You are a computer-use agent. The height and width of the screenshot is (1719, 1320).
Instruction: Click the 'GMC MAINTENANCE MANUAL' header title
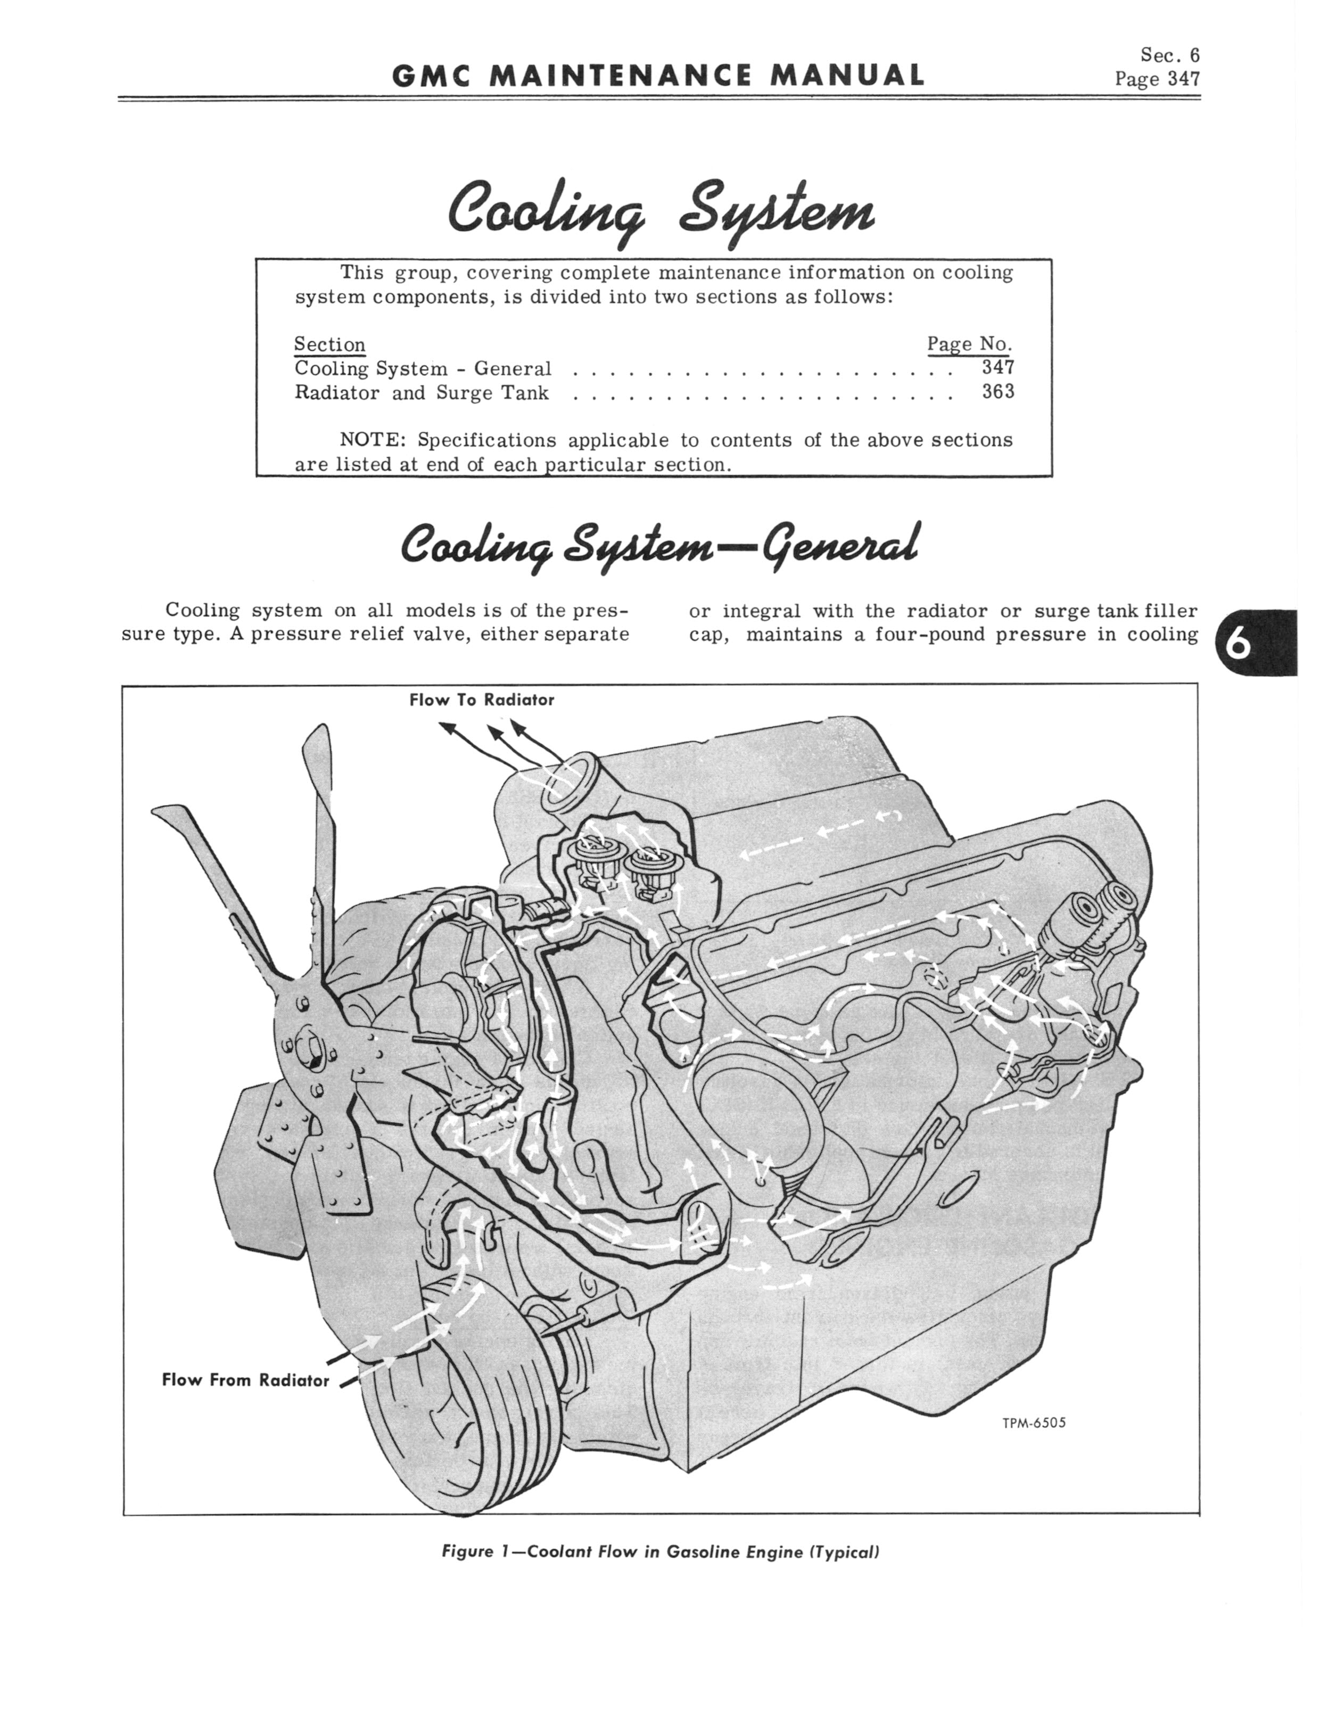[x=658, y=76]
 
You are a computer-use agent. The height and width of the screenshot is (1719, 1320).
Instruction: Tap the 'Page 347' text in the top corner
[x=1157, y=79]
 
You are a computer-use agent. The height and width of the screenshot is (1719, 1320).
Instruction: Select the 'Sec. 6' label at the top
[x=1169, y=55]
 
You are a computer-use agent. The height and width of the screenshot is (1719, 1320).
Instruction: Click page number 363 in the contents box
[x=998, y=391]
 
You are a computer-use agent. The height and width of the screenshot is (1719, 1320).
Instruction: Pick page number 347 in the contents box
[x=998, y=367]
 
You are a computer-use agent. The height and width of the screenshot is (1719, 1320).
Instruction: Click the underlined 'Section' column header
[x=329, y=344]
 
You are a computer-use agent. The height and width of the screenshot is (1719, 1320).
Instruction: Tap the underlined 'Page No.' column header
[x=969, y=343]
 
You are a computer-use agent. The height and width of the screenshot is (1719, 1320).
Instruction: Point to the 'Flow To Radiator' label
[x=481, y=700]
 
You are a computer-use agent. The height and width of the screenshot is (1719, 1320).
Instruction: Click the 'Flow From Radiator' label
[x=245, y=1380]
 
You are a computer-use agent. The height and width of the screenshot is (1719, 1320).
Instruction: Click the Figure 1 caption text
[x=660, y=1552]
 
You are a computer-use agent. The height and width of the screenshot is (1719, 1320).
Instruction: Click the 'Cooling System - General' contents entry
[x=423, y=368]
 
